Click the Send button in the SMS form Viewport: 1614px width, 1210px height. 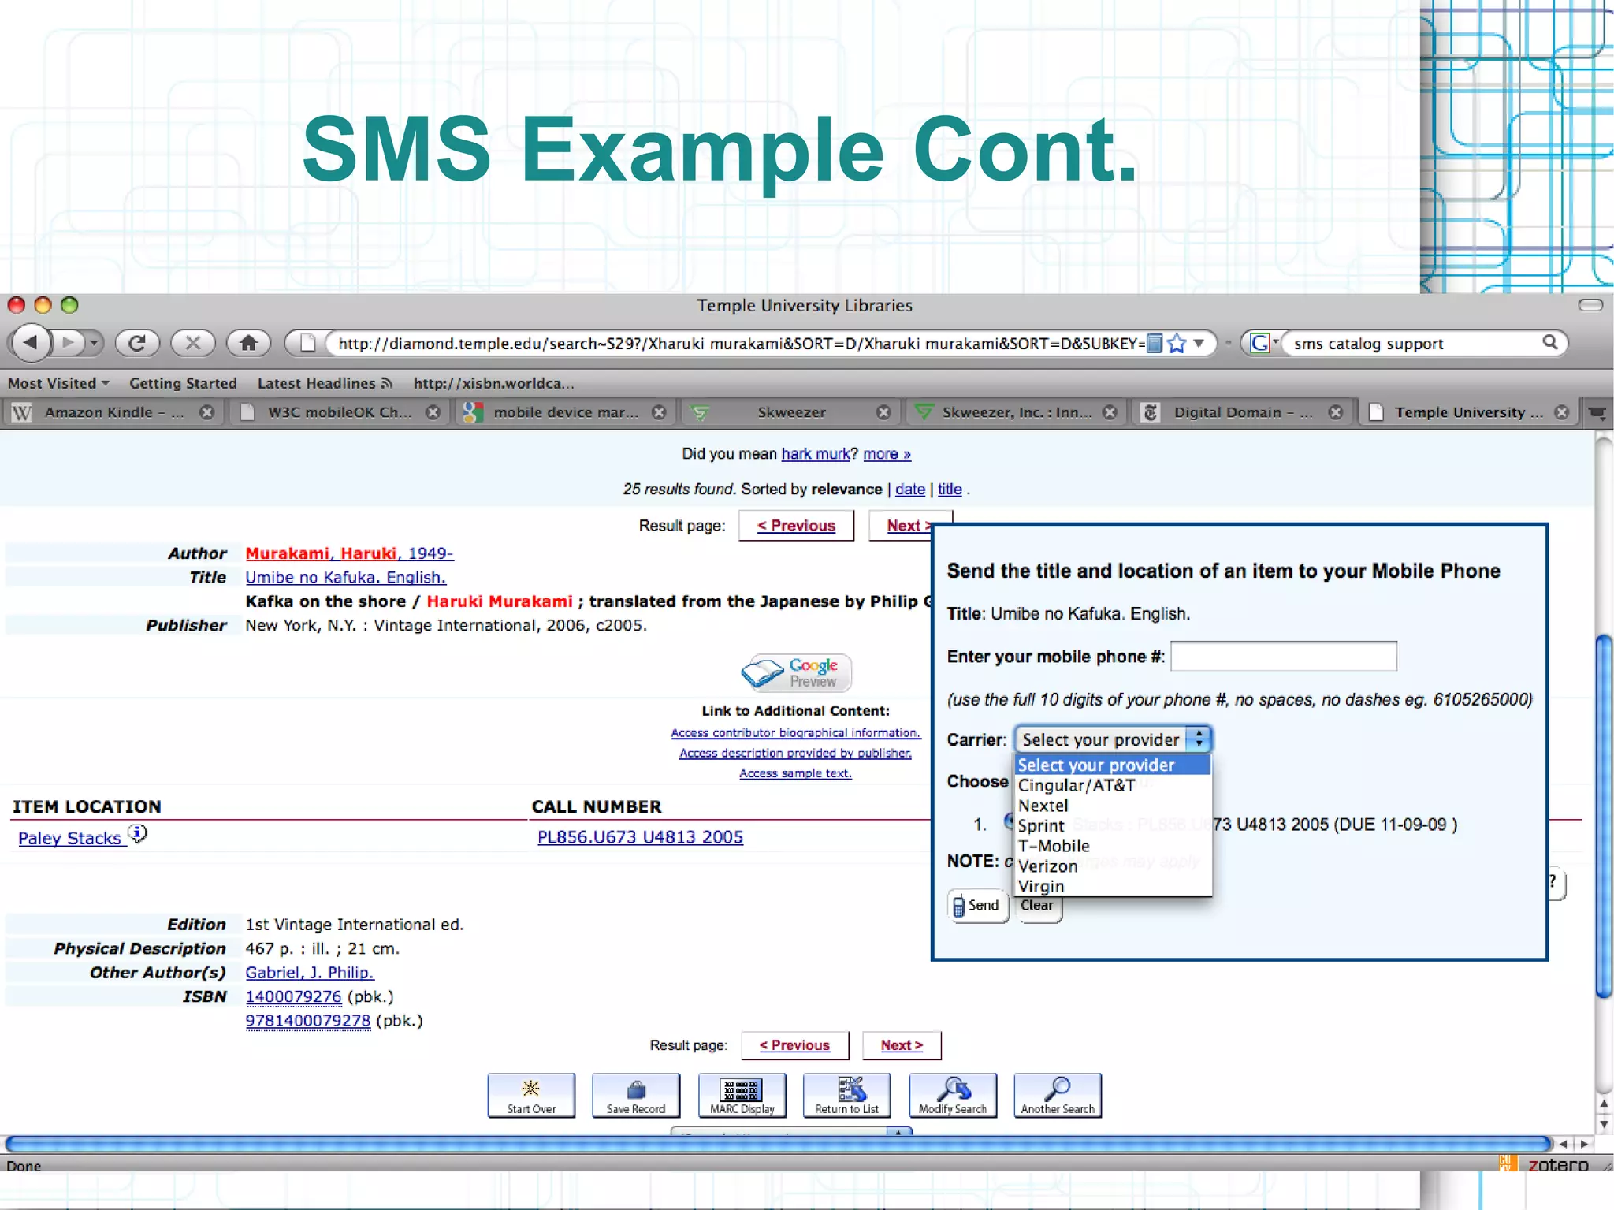pyautogui.click(x=977, y=905)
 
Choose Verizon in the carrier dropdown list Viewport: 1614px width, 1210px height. pyautogui.click(x=1047, y=866)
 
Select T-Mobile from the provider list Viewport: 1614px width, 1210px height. pyautogui.click(x=1054, y=846)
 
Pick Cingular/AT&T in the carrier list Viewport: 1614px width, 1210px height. pyautogui.click(x=1076, y=785)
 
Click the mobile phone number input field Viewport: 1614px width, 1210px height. pyautogui.click(x=1283, y=656)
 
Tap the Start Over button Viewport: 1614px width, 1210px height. pyautogui.click(x=531, y=1095)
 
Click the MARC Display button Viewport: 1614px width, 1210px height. pyautogui.click(x=742, y=1095)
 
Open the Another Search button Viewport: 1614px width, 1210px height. pyautogui.click(x=1057, y=1095)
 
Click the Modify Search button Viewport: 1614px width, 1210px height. pyautogui.click(x=952, y=1095)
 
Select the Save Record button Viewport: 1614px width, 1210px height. pyautogui.click(x=636, y=1095)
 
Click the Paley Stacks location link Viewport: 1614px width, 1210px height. pyautogui.click(x=70, y=838)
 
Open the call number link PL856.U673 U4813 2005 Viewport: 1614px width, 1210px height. pyautogui.click(x=640, y=837)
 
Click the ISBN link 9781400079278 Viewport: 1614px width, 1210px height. pyautogui.click(x=307, y=1021)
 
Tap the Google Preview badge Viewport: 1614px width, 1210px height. pyautogui.click(x=796, y=672)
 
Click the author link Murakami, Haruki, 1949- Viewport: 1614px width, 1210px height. pyautogui.click(x=349, y=553)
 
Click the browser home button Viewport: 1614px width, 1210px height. pyautogui.click(x=248, y=343)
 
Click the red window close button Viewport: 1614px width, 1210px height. pyautogui.click(x=16, y=305)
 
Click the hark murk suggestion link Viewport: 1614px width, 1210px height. pyautogui.click(x=815, y=454)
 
